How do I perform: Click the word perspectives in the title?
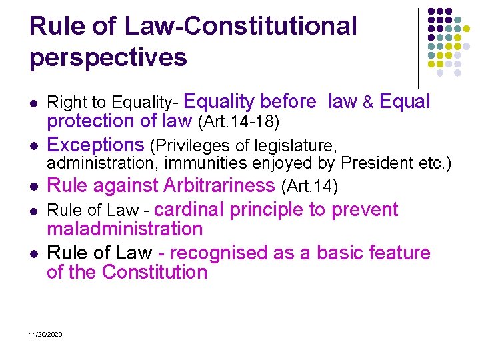click(x=108, y=58)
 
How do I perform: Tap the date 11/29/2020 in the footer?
click(x=46, y=333)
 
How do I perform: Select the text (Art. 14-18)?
click(x=238, y=122)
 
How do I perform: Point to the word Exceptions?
click(x=95, y=145)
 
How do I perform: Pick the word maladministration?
click(x=125, y=229)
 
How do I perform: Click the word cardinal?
click(x=189, y=210)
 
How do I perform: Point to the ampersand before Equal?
click(x=368, y=103)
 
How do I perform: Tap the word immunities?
click(x=198, y=163)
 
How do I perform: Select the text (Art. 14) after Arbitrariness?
click(x=309, y=186)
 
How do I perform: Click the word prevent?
click(x=364, y=210)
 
